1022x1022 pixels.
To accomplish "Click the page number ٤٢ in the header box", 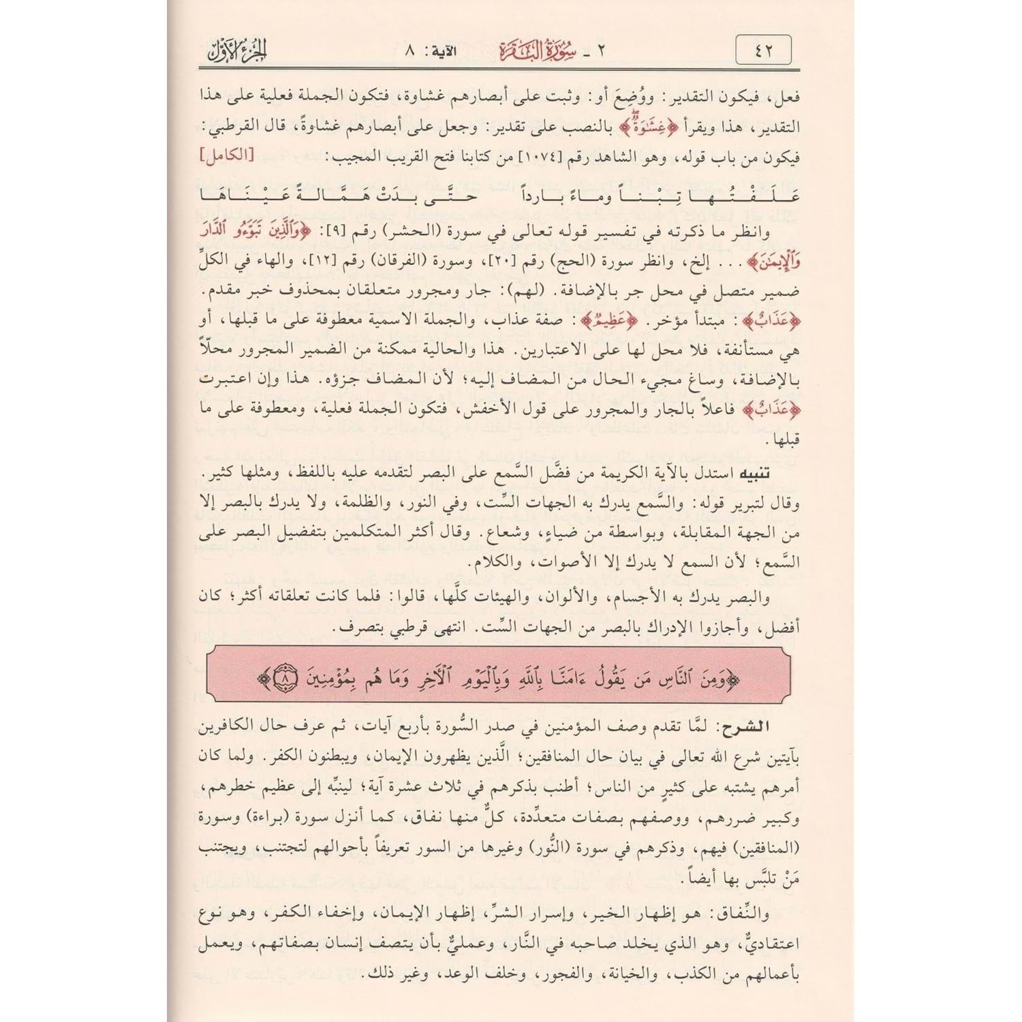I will (x=764, y=50).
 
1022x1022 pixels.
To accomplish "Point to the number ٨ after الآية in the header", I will (x=409, y=51).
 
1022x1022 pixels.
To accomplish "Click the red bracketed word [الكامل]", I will (x=226, y=155).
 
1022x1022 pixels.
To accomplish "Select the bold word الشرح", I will (x=748, y=727).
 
